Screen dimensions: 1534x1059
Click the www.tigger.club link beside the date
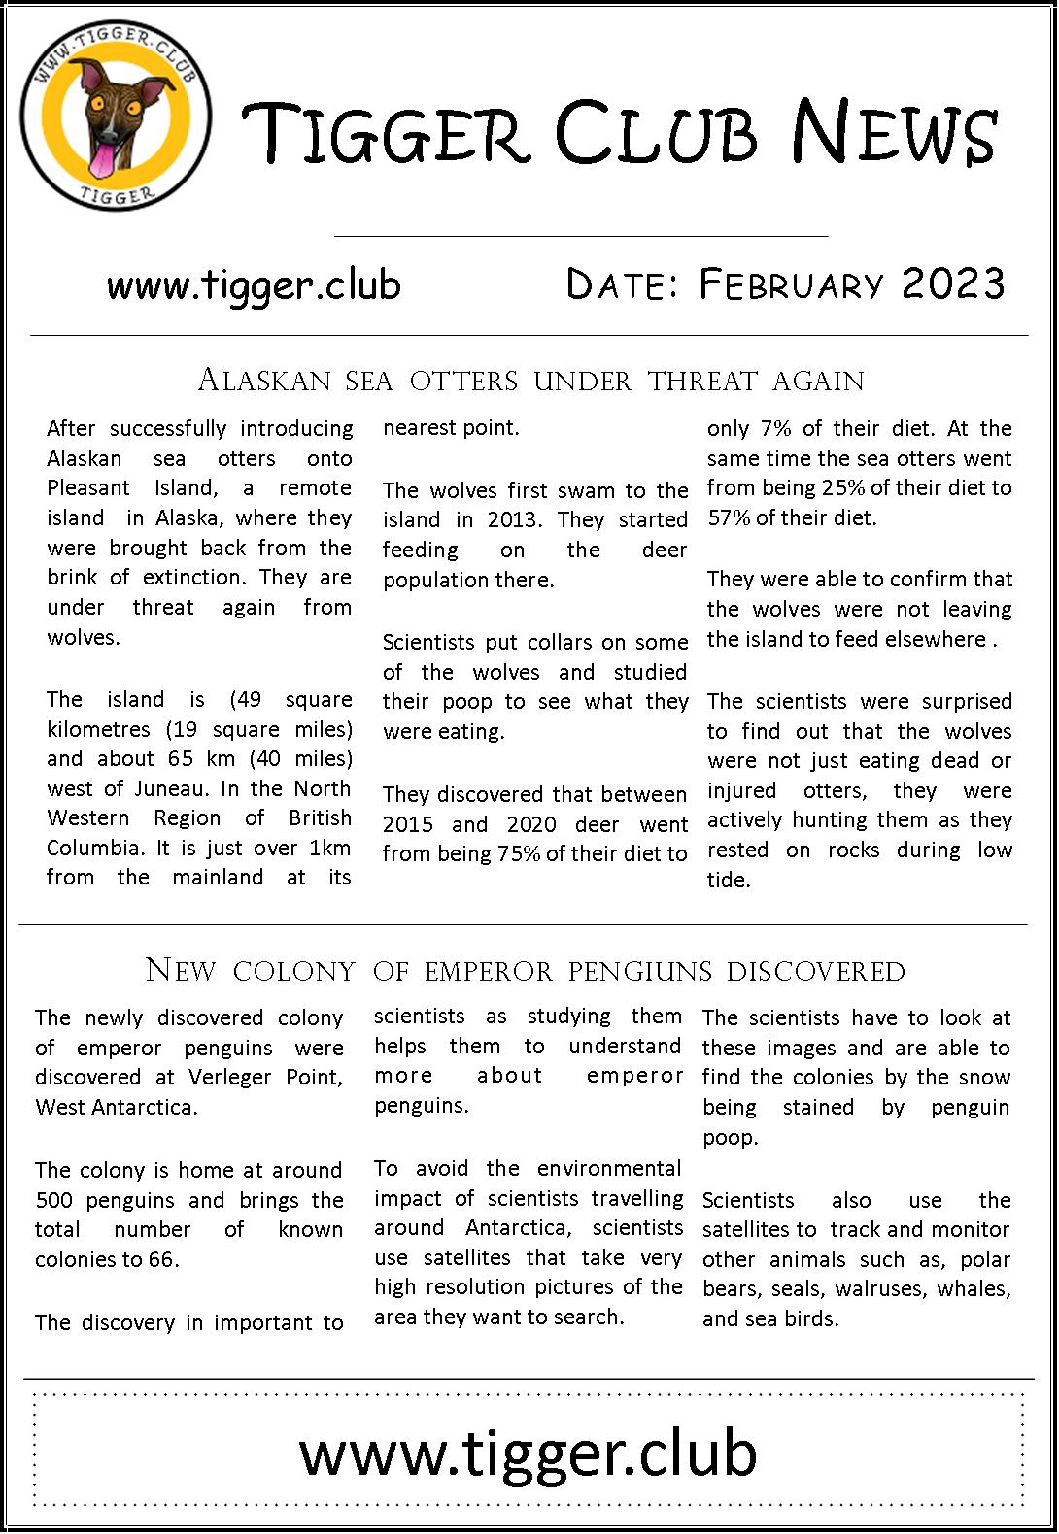click(254, 285)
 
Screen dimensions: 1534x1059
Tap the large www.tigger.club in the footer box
click(528, 1453)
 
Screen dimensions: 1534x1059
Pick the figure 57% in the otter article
click(728, 517)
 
